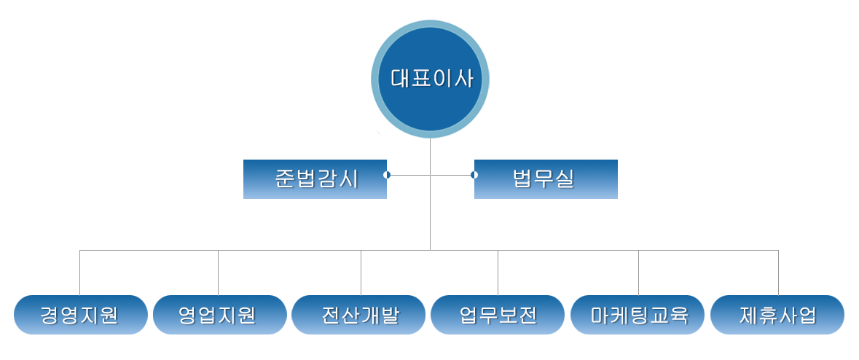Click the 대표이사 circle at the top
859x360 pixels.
430,79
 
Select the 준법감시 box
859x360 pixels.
315,179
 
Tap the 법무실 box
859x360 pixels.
546,179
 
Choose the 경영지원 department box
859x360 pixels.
80,315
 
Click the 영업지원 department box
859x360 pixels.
219,315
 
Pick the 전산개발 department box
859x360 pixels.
358,315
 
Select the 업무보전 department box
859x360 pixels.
498,315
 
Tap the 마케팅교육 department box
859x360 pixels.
638,315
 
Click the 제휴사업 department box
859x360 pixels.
777,315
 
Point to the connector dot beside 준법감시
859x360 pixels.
387,175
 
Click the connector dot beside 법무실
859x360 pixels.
474,175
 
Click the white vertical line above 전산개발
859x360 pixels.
358,273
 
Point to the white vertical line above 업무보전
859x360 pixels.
503,273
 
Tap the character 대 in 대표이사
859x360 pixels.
400,79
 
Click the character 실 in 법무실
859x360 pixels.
565,179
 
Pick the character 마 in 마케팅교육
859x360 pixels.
600,316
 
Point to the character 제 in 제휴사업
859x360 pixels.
748,316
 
